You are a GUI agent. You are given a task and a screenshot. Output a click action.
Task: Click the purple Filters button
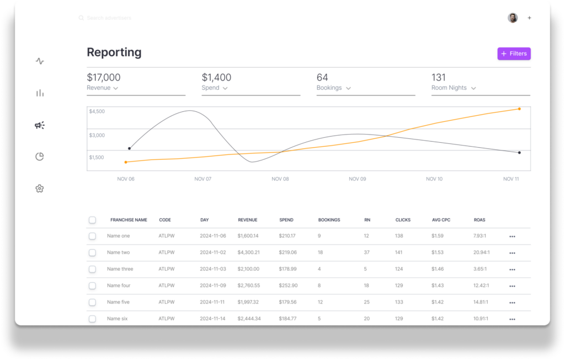click(514, 53)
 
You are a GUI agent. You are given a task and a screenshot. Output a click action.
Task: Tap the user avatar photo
click(513, 18)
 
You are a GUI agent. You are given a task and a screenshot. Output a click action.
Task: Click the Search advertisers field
click(109, 18)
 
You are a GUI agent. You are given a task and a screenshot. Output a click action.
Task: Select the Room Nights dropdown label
click(454, 88)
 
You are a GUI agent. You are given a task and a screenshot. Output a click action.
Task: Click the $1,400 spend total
click(216, 78)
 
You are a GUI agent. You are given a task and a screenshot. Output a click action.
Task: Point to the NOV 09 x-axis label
click(358, 179)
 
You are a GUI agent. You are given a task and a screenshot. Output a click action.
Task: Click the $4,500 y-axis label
click(97, 111)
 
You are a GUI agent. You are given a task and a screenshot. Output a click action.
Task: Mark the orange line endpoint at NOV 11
click(519, 109)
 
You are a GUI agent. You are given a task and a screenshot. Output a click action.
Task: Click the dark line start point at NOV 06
click(129, 148)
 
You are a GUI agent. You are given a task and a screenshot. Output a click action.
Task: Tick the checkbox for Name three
click(92, 269)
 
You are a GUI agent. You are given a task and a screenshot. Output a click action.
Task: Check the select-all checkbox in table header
click(92, 220)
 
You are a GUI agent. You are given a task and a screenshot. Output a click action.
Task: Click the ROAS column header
click(479, 220)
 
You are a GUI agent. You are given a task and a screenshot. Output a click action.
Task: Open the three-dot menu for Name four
click(512, 286)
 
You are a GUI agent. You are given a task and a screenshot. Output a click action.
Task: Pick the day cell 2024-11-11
click(213, 302)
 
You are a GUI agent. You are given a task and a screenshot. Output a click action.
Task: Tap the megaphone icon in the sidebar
click(39, 125)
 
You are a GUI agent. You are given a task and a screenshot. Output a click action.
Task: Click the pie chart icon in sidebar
click(39, 157)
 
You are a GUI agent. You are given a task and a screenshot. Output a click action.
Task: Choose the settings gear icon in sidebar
click(39, 189)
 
